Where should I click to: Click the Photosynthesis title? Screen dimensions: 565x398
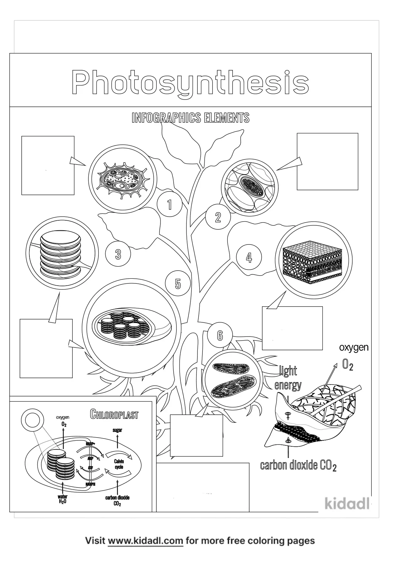tap(190, 83)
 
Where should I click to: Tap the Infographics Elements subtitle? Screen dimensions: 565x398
tap(191, 118)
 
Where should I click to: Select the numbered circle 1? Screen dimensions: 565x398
tap(170, 205)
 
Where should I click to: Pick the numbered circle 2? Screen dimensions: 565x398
tap(218, 217)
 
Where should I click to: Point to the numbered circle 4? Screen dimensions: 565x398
tap(249, 257)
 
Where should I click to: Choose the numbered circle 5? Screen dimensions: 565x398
tap(178, 284)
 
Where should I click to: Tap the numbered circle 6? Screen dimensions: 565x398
tap(220, 336)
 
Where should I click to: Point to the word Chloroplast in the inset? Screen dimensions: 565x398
tap(114, 415)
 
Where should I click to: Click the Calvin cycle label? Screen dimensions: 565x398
tap(119, 464)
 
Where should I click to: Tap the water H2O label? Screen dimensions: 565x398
tap(62, 499)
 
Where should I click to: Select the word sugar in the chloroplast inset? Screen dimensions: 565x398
tap(117, 430)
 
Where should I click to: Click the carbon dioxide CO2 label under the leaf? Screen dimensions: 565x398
tap(298, 465)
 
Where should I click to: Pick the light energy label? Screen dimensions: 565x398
tap(288, 378)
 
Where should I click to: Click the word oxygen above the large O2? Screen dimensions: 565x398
tap(354, 347)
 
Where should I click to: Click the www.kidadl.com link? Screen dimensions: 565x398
tap(145, 541)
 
